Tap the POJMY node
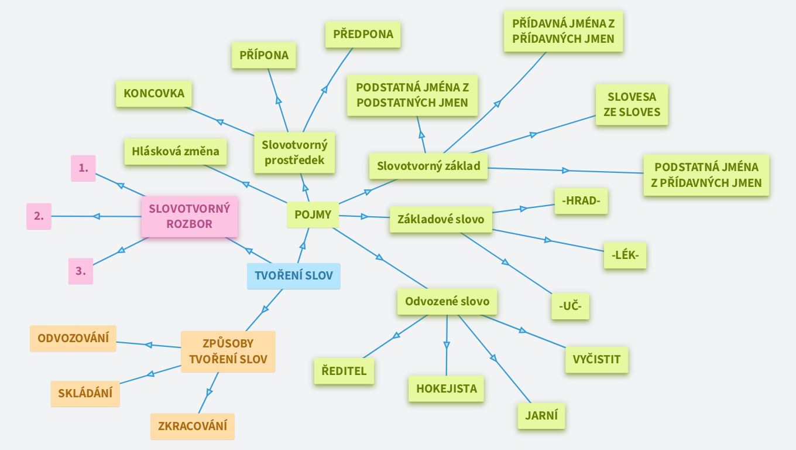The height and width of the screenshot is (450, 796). [313, 214]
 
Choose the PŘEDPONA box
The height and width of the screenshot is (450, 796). [363, 35]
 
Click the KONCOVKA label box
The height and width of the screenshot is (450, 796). [154, 94]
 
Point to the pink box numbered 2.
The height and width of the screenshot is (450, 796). [39, 216]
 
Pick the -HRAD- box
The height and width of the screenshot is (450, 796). [581, 202]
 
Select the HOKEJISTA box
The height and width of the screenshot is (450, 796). [446, 388]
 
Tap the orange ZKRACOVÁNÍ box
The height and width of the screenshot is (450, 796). [192, 426]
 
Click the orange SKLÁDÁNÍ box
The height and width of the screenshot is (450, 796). [85, 394]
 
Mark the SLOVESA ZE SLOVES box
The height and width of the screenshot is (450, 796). [632, 104]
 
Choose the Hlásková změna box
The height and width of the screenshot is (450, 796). [176, 152]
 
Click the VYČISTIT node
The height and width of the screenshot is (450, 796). [596, 360]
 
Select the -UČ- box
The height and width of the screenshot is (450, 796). [570, 306]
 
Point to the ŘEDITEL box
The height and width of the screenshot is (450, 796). [344, 371]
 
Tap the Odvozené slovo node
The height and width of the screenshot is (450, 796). [447, 302]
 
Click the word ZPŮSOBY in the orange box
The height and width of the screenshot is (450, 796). [228, 344]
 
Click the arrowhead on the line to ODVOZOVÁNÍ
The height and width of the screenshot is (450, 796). [149, 345]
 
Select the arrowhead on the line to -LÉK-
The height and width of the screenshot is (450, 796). [548, 240]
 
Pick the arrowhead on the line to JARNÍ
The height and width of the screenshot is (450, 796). [493, 357]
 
